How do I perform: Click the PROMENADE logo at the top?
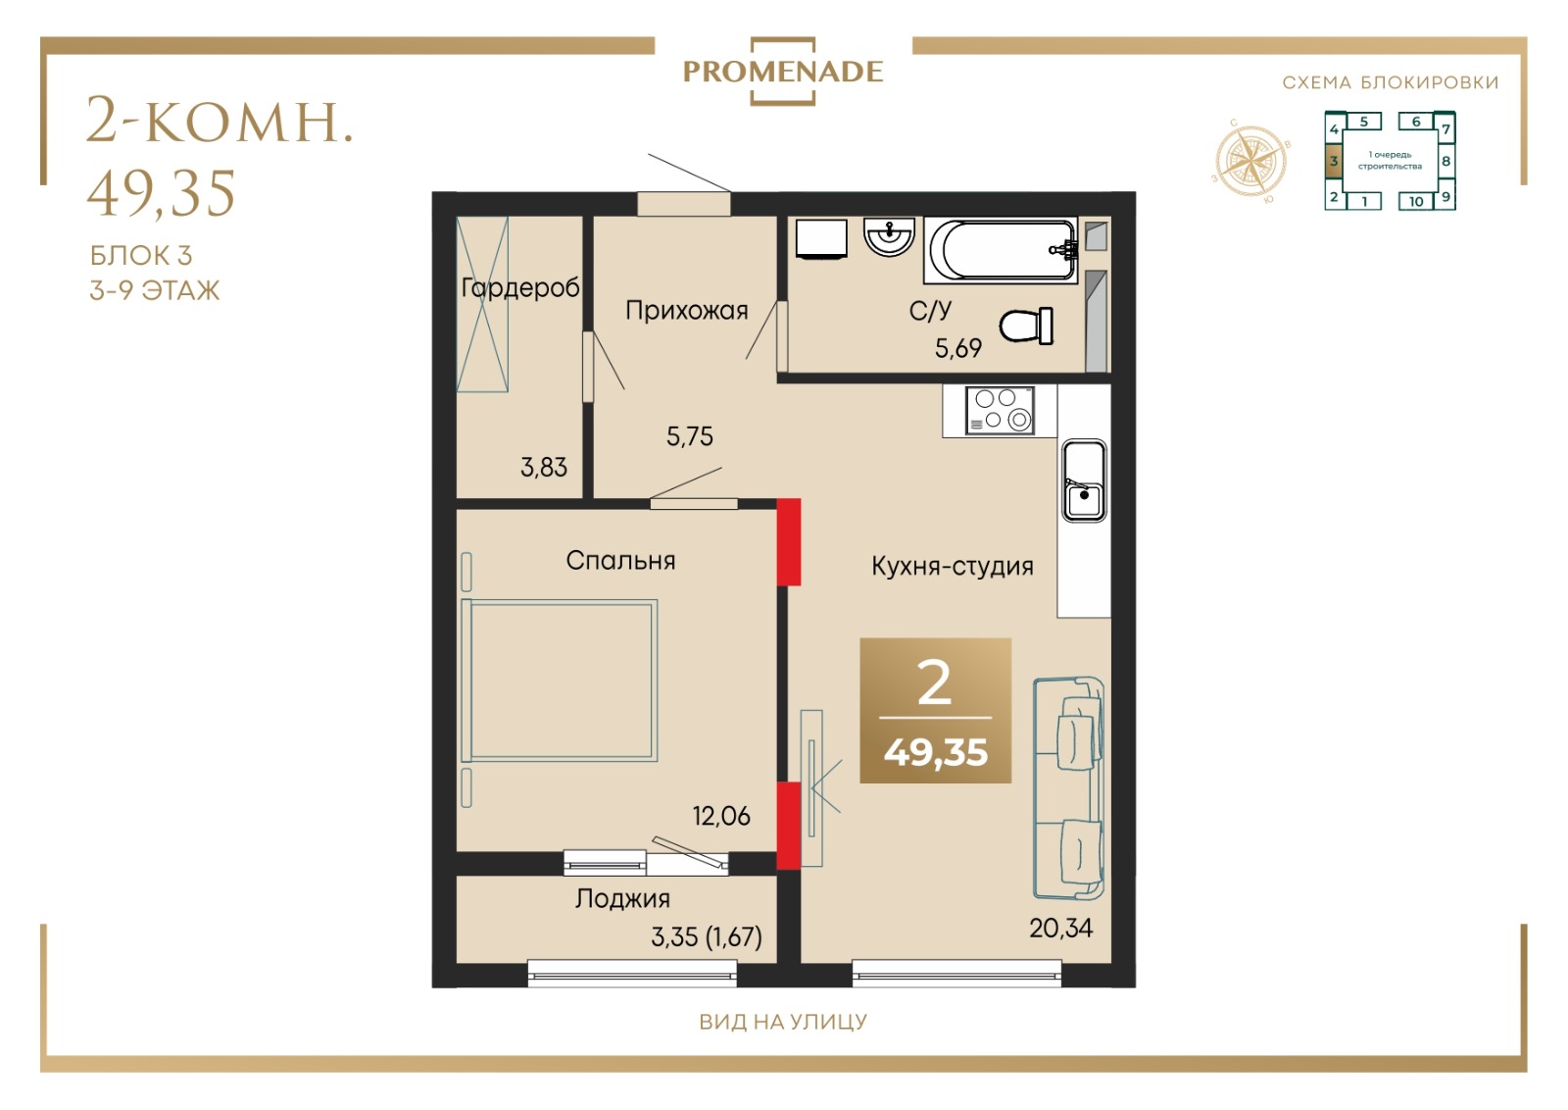click(783, 72)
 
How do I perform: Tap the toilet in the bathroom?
click(1027, 326)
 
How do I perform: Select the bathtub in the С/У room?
click(1001, 250)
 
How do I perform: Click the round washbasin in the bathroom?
click(889, 236)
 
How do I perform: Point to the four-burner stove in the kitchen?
click(1000, 410)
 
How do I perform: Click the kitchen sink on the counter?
click(1084, 480)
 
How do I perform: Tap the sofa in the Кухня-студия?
click(1069, 787)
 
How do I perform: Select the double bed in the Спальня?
click(560, 680)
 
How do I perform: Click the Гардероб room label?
click(520, 288)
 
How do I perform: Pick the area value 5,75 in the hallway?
click(690, 436)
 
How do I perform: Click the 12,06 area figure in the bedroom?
click(721, 816)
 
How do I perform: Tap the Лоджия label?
click(622, 898)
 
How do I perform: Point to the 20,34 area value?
click(1060, 928)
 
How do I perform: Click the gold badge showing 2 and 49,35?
click(935, 710)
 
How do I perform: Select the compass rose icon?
click(1250, 161)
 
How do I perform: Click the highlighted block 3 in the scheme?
click(1334, 161)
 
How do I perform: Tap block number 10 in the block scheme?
click(1415, 201)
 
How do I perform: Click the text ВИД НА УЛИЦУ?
click(783, 1022)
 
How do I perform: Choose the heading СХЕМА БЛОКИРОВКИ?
click(1391, 82)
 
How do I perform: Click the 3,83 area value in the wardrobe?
click(544, 467)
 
